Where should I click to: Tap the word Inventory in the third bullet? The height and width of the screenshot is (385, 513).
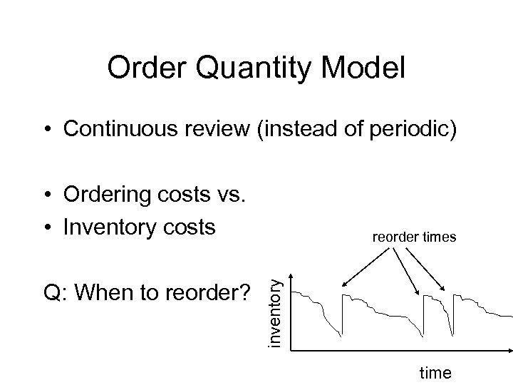click(108, 227)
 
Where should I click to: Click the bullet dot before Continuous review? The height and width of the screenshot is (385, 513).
click(46, 130)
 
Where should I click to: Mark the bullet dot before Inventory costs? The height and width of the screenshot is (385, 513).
click(46, 228)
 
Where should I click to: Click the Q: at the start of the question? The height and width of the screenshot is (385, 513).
click(55, 292)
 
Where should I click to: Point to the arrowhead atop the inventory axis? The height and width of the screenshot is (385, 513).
click(291, 269)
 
